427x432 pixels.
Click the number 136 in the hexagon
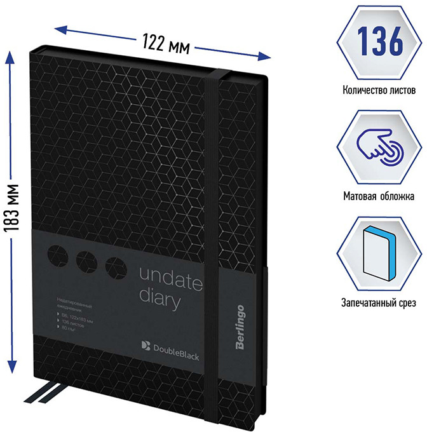(378, 41)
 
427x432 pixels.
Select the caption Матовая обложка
(378, 197)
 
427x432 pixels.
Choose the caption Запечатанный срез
(378, 303)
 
